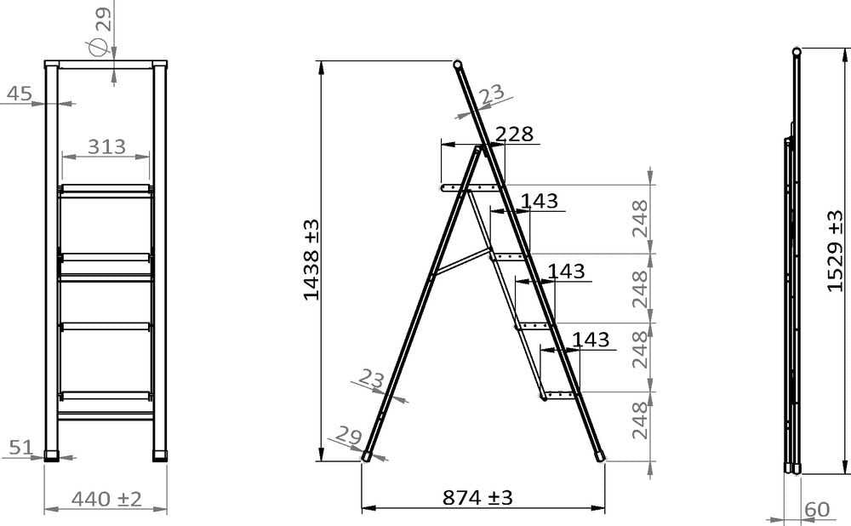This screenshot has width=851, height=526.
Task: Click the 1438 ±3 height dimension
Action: click(x=311, y=260)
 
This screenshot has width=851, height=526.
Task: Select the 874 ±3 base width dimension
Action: click(x=477, y=497)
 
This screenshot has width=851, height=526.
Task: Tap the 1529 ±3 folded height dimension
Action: click(x=836, y=251)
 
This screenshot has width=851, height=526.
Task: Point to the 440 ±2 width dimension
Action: click(x=106, y=499)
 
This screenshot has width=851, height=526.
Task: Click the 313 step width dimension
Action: click(x=106, y=146)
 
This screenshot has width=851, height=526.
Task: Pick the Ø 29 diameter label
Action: click(x=99, y=31)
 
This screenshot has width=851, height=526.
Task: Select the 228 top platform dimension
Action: click(x=515, y=134)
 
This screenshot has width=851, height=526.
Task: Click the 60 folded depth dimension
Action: click(x=817, y=510)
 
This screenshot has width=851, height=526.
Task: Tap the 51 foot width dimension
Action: click(x=21, y=448)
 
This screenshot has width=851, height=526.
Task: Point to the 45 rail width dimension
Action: click(x=20, y=94)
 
